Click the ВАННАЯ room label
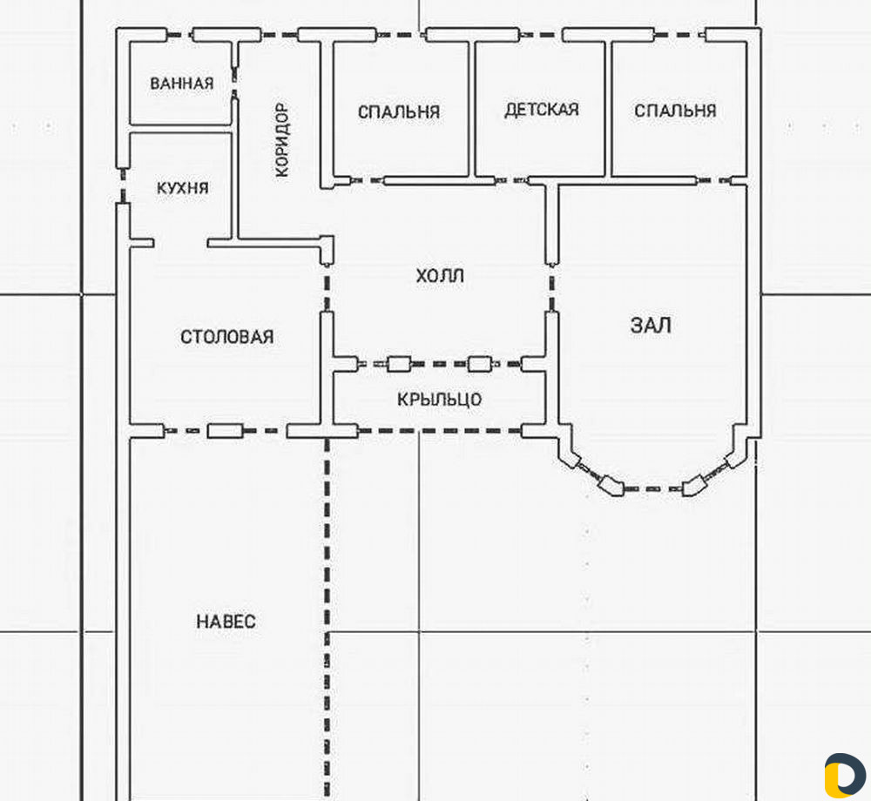point(182,84)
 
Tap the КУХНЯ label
point(183,187)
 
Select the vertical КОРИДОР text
point(282,140)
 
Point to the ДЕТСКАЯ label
point(541,110)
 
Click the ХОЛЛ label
point(440,275)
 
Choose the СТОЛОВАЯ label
point(227,336)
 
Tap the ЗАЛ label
point(651,325)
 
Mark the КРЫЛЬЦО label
point(439,399)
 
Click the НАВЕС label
point(226,621)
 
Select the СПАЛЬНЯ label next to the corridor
point(398,112)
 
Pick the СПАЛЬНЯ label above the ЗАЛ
point(675,111)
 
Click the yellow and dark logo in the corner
point(844,775)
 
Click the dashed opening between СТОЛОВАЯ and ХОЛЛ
point(327,288)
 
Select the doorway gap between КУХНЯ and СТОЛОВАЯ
point(180,243)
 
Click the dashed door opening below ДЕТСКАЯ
point(510,180)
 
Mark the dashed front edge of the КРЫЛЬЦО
point(440,430)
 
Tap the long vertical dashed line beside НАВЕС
point(327,620)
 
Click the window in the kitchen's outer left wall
point(123,185)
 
